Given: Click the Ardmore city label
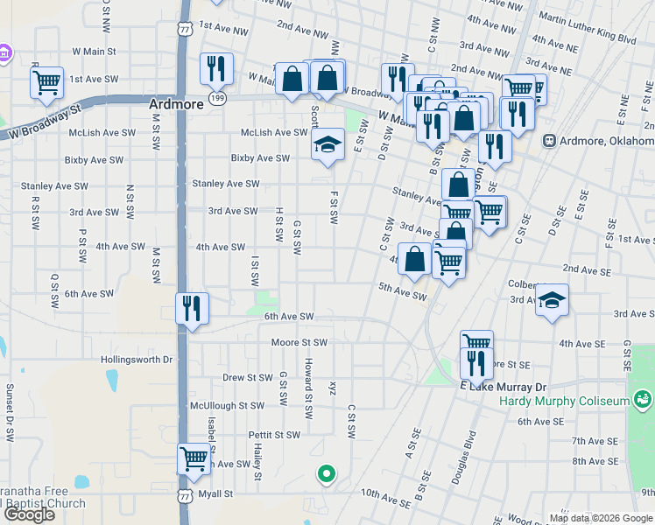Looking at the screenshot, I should tap(176, 103).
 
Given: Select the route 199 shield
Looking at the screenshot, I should tap(218, 98).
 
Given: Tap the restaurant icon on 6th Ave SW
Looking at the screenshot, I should tap(192, 308).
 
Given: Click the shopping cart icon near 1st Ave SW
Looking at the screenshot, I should tap(46, 83).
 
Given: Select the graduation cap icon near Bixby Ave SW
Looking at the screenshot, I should tap(327, 144).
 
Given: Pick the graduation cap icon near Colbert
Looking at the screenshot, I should tap(552, 300).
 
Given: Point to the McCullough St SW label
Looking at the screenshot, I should tap(227, 406).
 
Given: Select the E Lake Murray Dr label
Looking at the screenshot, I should tap(503, 386).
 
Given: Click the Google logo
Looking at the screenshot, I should tap(29, 514).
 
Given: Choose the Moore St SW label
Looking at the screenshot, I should tap(299, 342).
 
